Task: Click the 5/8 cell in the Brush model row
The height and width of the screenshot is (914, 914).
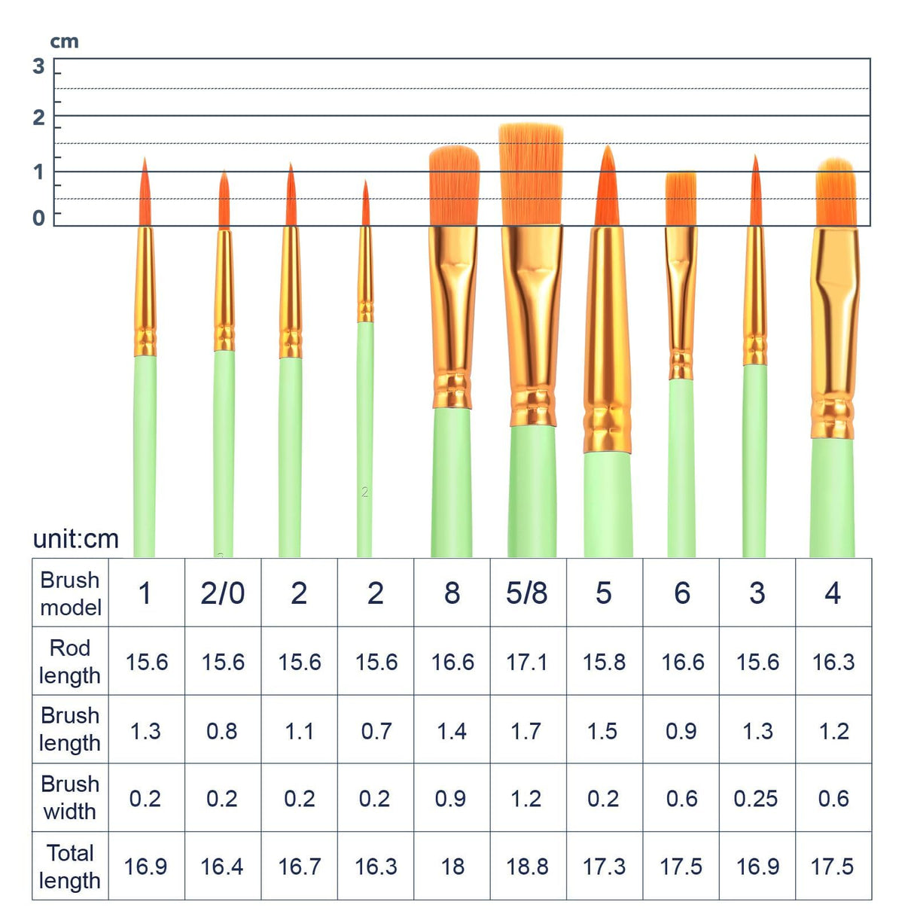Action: coord(527,593)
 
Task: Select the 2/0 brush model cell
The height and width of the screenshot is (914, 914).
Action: coord(222,593)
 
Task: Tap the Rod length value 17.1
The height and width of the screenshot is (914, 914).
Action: coord(527,662)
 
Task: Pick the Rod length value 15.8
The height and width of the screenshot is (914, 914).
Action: coord(604,662)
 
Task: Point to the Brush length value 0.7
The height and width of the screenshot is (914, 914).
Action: coord(376,731)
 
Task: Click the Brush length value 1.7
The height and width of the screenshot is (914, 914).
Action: coord(527,731)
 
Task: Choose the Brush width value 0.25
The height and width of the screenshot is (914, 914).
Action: coord(756,799)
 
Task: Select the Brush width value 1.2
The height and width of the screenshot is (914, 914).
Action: coord(527,799)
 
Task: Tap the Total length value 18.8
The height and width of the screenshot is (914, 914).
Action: coord(527,867)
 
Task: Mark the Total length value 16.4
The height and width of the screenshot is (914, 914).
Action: coord(222,867)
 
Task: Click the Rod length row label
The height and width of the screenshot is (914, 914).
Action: coord(70,661)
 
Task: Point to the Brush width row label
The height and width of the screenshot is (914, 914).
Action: coord(70,797)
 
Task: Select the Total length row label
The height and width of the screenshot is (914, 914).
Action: coord(70,866)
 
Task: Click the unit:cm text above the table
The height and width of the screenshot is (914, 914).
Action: coord(76,539)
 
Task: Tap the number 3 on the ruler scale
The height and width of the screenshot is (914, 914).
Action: coord(38,66)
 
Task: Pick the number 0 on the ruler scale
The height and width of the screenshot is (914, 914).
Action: coord(38,218)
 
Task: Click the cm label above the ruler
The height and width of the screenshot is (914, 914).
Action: coord(64,41)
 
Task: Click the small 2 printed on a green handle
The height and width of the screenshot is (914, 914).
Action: coord(365,492)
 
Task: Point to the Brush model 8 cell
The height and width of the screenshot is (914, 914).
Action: coord(452,593)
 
